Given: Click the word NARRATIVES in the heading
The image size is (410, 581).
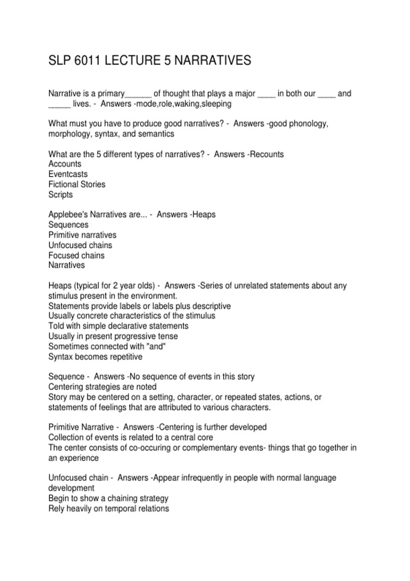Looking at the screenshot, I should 213,60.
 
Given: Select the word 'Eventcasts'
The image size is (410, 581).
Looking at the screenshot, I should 68,174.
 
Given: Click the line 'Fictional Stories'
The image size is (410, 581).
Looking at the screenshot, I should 77,184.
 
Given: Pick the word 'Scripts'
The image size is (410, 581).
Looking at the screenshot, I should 60,194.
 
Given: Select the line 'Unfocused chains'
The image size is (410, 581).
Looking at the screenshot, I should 80,245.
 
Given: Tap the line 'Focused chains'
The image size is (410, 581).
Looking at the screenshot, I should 77,255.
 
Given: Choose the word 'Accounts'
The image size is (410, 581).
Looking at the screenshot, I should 65,164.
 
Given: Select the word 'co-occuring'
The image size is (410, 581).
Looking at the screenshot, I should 149,448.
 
